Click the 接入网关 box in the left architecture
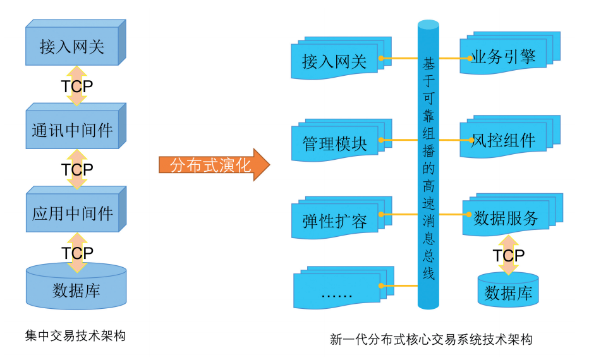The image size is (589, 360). [72, 47]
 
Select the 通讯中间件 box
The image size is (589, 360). [72, 130]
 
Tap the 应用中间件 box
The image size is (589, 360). [72, 213]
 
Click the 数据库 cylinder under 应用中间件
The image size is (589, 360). [76, 290]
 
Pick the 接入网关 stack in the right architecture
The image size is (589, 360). [335, 61]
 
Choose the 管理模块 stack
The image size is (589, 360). [335, 143]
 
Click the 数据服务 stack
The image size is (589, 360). [506, 218]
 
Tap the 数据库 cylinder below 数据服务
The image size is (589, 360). [508, 292]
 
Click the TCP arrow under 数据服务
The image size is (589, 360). [508, 255]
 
